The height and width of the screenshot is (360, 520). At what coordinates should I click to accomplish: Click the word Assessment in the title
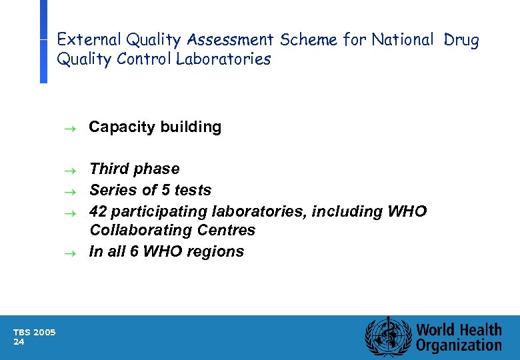click(x=233, y=40)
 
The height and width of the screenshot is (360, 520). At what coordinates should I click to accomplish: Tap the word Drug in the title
click(x=461, y=40)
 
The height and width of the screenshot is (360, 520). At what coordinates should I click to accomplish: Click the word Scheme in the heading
click(x=309, y=40)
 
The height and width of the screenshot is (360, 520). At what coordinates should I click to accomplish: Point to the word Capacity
click(x=118, y=127)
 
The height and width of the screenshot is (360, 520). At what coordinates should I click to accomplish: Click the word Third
click(x=109, y=169)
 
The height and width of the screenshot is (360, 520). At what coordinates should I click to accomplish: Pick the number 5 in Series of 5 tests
click(x=162, y=191)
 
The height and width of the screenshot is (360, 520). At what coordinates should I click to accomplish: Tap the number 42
click(x=98, y=212)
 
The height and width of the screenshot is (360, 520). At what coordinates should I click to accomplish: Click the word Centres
click(x=228, y=231)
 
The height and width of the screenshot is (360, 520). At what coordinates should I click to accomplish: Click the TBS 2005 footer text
click(x=35, y=333)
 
